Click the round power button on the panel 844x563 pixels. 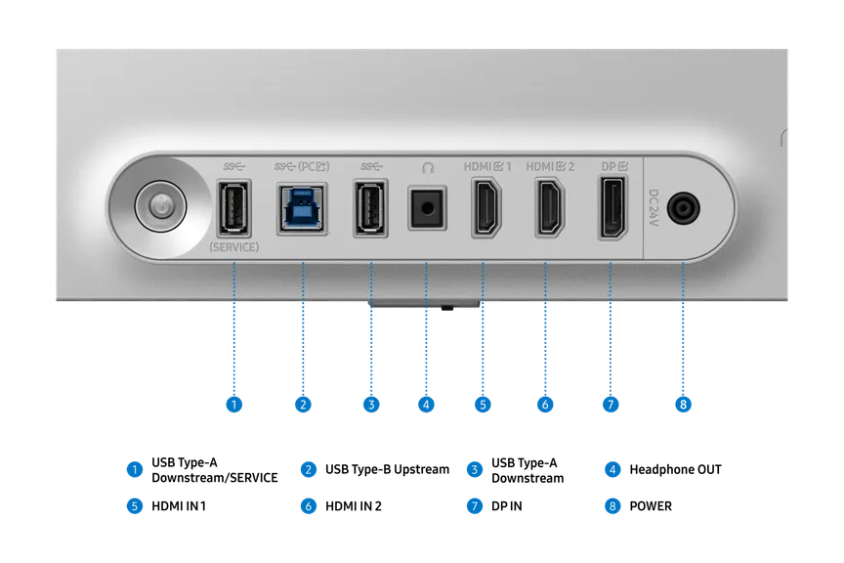(160, 206)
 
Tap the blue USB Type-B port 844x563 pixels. (302, 208)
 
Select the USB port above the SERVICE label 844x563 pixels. (233, 208)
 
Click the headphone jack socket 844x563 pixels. (427, 208)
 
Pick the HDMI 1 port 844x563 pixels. (486, 208)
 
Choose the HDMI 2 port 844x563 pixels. (549, 208)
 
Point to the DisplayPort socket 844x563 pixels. (612, 208)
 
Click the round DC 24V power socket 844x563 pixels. (683, 208)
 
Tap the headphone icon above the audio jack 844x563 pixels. (428, 168)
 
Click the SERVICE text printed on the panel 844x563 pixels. (233, 247)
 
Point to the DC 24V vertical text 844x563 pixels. (654, 207)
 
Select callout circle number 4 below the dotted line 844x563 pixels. (426, 405)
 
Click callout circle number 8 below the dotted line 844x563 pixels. (683, 405)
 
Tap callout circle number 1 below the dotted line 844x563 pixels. (233, 405)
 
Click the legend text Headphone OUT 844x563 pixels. (675, 470)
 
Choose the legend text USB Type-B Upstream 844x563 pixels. (387, 470)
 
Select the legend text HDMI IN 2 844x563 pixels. (353, 506)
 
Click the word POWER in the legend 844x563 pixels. (651, 506)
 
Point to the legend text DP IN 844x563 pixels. (507, 506)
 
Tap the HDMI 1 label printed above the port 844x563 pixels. (487, 167)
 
